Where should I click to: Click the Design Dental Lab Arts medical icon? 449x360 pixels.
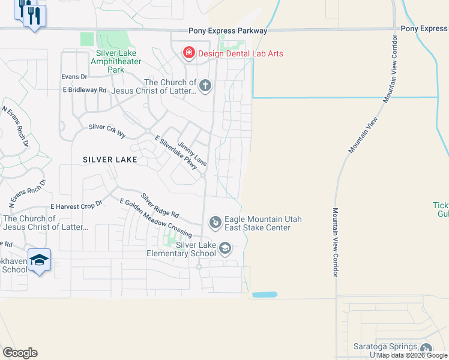tap(189, 54)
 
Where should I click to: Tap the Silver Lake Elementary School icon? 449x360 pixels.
tap(224, 248)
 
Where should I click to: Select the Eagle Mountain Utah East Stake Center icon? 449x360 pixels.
tap(214, 223)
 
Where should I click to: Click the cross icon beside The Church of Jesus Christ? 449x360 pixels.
tap(205, 86)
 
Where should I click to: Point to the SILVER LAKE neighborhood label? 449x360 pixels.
tap(110, 160)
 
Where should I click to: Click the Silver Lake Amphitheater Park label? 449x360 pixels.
tap(116, 61)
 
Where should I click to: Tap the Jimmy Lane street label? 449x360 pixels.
tap(191, 154)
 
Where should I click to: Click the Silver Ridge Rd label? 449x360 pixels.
tap(160, 205)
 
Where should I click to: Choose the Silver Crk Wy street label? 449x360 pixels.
tap(107, 130)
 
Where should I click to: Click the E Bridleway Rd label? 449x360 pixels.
tap(85, 89)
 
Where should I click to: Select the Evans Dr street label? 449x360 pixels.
tap(74, 76)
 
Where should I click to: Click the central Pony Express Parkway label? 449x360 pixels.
tap(228, 31)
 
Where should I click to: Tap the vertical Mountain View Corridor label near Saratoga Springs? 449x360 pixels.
tap(335, 242)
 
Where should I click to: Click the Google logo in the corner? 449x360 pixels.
tap(20, 353)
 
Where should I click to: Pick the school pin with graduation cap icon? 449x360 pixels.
tap(39, 260)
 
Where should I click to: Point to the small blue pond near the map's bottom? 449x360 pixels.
tap(265, 295)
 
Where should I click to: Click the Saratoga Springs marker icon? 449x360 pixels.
tap(426, 349)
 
